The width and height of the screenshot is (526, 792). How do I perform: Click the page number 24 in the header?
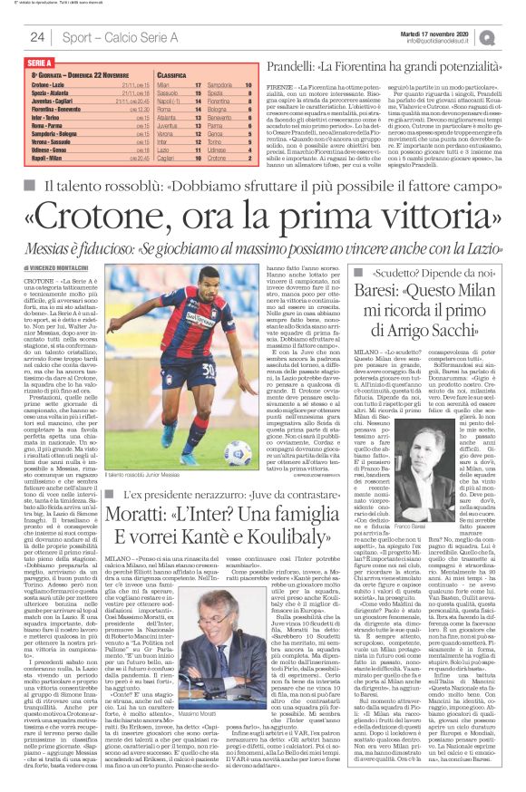pyautogui.click(x=37, y=37)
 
